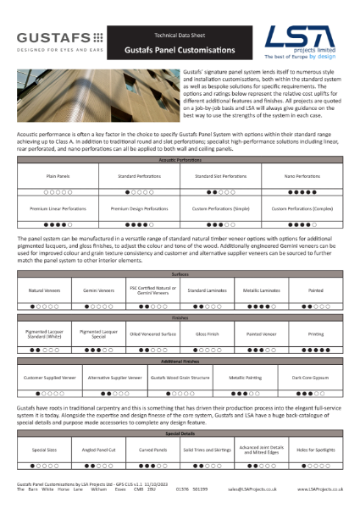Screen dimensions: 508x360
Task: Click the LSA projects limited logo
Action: click(x=301, y=41)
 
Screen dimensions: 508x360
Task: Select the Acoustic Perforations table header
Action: click(x=180, y=158)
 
